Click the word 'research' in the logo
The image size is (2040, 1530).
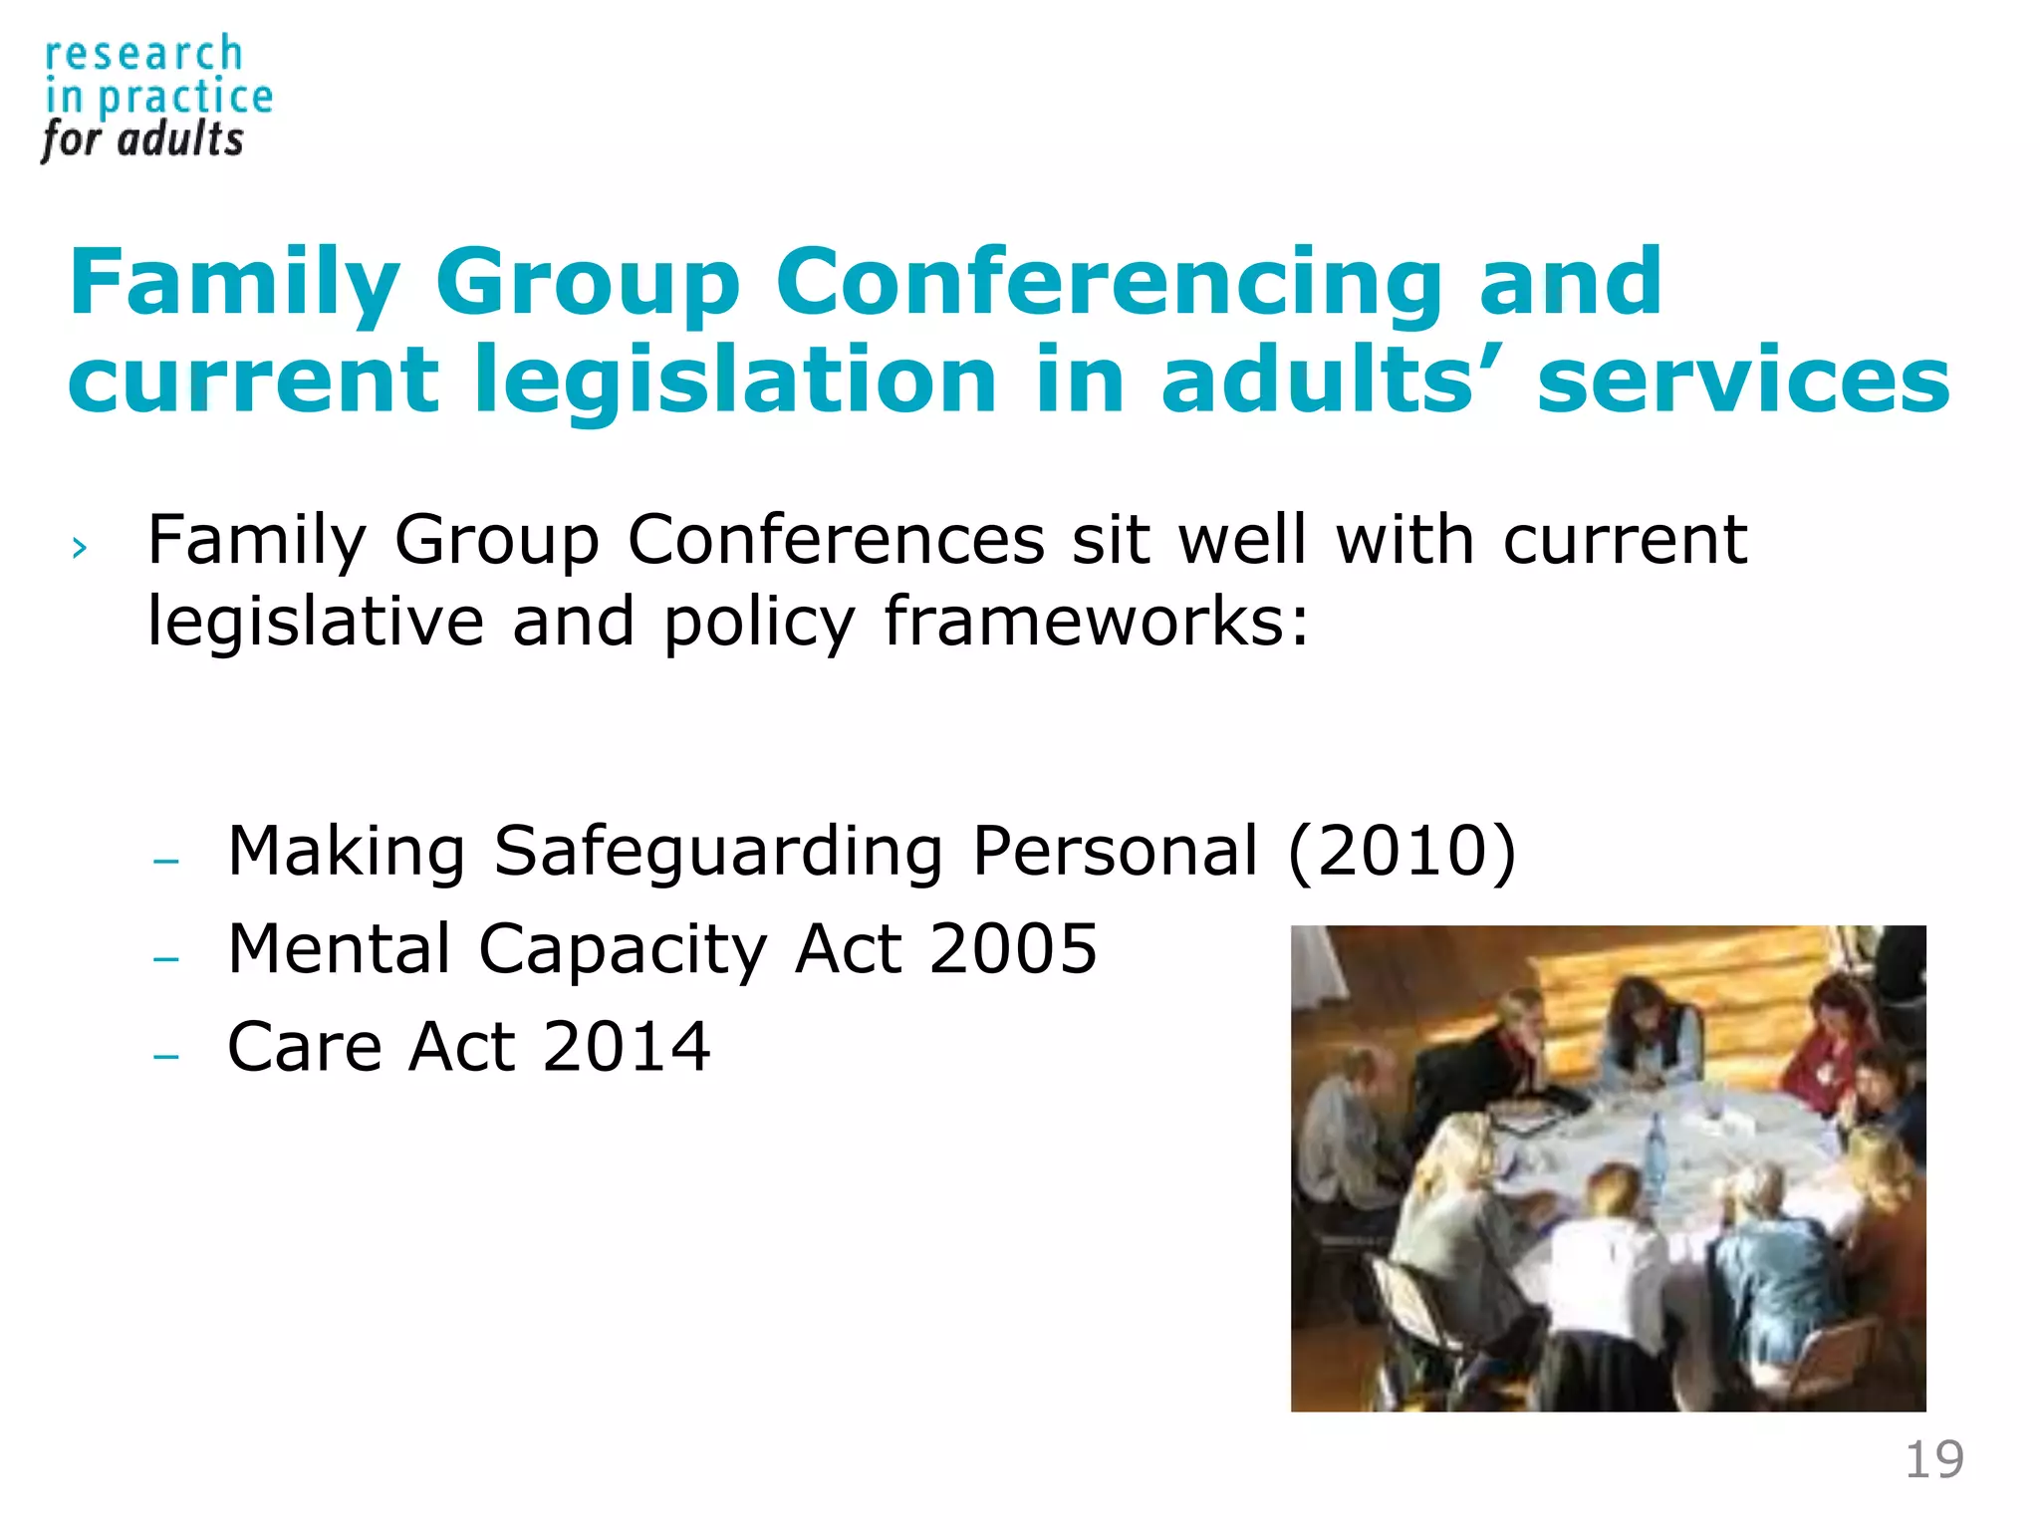click(143, 54)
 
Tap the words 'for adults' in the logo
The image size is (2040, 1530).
click(142, 139)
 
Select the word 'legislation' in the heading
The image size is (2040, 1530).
click(735, 380)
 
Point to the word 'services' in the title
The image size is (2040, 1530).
click(1743, 380)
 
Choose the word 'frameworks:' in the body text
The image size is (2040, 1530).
click(1096, 622)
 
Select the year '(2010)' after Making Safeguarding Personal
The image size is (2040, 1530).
click(1402, 853)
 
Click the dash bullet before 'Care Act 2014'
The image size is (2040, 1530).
click(166, 1056)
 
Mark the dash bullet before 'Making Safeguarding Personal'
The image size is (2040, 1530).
click(166, 860)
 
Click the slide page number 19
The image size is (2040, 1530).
click(1933, 1460)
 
